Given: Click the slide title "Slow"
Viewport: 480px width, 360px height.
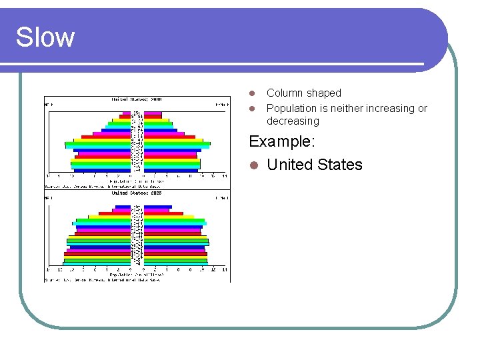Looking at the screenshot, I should tap(45, 37).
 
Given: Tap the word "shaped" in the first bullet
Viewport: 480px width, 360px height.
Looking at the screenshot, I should tap(324, 93).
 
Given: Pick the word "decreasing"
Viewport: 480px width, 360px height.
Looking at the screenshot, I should tap(293, 121).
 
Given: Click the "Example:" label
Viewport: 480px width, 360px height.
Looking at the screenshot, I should tap(282, 141).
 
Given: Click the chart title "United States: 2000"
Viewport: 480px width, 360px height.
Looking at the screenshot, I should tap(137, 99).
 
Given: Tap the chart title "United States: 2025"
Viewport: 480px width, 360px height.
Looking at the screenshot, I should tap(137, 193).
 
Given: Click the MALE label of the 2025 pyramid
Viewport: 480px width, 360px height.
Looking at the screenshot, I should tap(49, 198).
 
